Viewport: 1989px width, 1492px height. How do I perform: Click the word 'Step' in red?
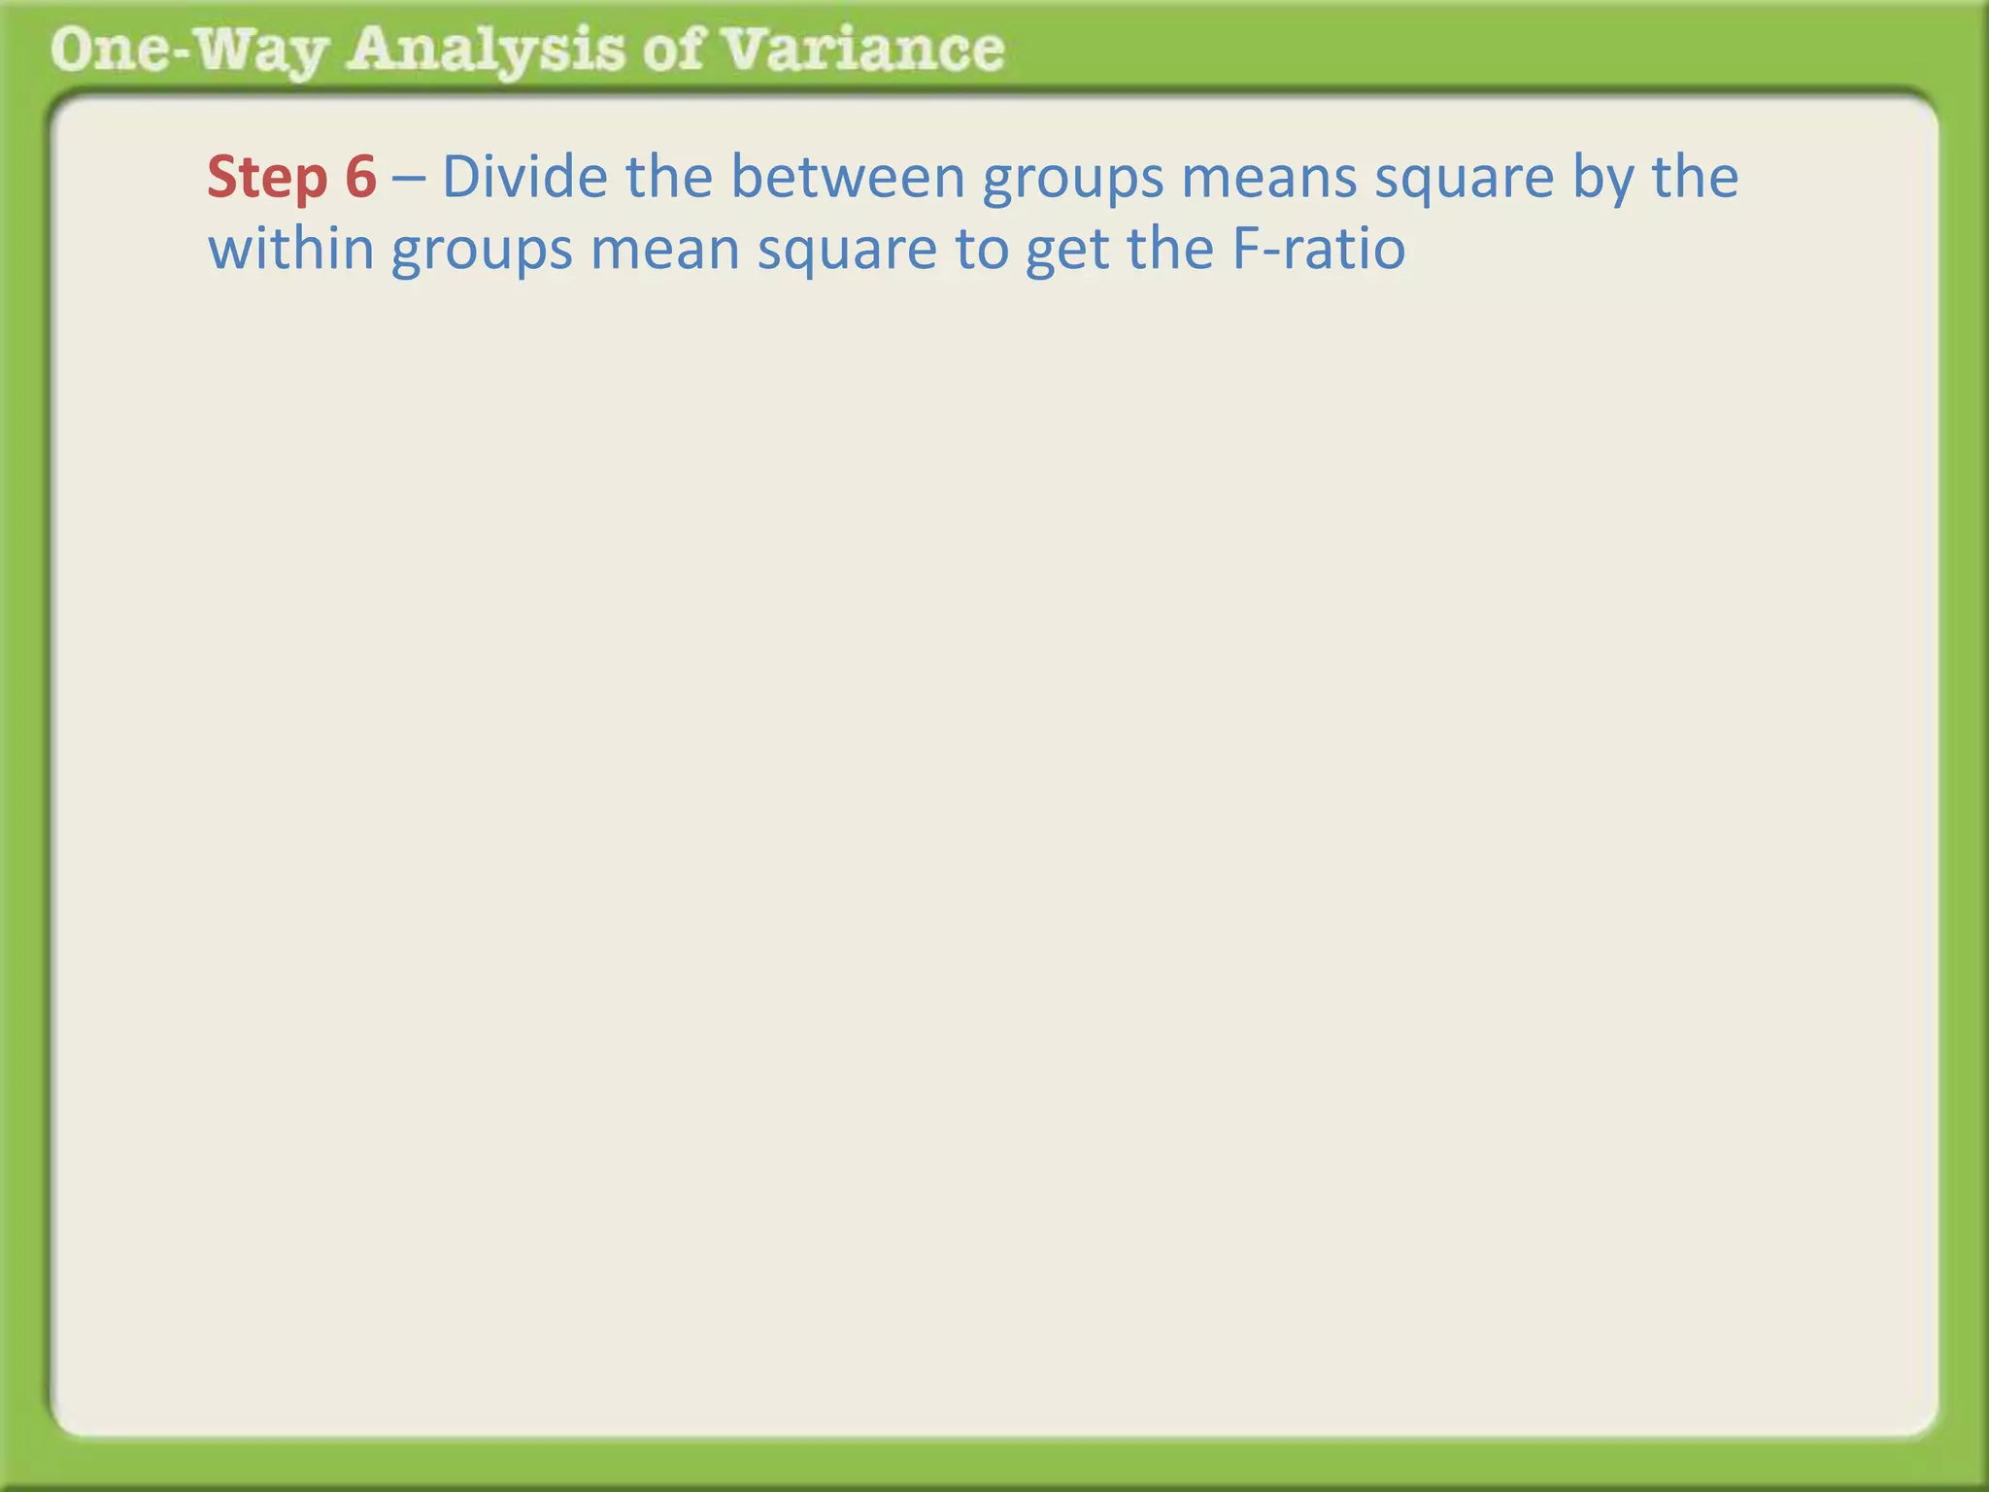click(267, 178)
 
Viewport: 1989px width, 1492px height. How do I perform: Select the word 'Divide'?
click(524, 178)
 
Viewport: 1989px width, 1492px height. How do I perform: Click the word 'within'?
click(291, 250)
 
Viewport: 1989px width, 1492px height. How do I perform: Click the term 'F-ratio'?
click(1319, 250)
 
